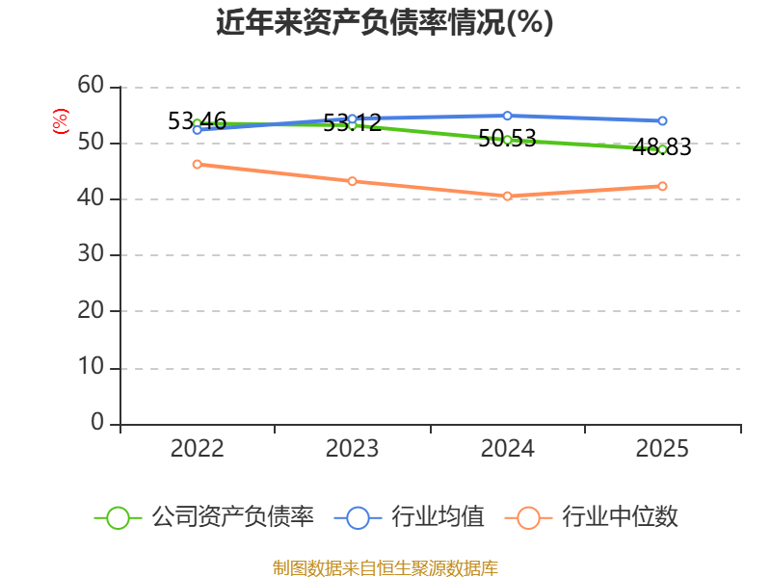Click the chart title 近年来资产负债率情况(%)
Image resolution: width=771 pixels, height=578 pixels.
coord(385,22)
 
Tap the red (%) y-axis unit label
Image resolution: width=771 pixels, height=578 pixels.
coord(60,121)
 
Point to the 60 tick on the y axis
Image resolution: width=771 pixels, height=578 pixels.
coord(91,85)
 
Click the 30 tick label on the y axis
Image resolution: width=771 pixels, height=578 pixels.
coord(91,253)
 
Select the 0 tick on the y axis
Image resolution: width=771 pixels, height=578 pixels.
coord(97,422)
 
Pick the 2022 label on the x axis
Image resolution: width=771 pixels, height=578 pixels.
coord(198,449)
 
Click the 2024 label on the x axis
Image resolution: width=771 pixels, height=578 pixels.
coord(508,449)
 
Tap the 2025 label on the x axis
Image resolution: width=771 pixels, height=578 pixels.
coord(662,449)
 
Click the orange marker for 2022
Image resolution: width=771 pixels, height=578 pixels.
coord(198,164)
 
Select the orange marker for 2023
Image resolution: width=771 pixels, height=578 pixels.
coord(352,181)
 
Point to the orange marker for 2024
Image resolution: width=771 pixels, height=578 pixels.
coord(508,197)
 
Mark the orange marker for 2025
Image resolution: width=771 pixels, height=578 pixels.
coord(662,186)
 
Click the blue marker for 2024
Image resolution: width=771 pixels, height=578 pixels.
coord(508,116)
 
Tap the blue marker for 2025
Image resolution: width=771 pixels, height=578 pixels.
coord(662,121)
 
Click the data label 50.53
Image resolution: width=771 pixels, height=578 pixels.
coord(507,138)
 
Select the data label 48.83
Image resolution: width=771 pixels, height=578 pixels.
coord(662,147)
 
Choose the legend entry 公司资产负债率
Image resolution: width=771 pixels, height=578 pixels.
coord(203,517)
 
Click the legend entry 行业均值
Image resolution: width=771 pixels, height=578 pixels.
coord(409,517)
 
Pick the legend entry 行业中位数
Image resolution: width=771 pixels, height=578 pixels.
coord(591,517)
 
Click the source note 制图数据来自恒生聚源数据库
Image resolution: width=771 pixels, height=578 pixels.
coord(385,567)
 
